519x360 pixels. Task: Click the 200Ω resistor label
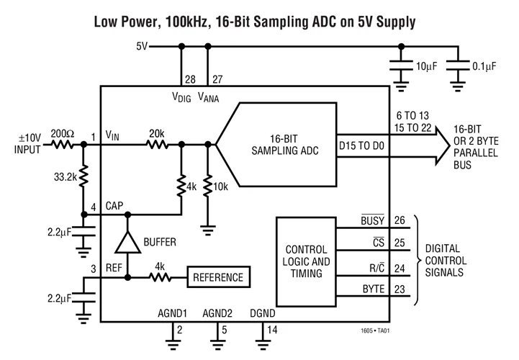pos(62,133)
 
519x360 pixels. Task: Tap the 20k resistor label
pos(156,133)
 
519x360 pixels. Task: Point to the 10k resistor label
pos(222,186)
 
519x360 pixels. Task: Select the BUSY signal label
pos(375,221)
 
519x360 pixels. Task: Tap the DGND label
pos(263,314)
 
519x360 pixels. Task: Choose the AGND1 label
pos(173,314)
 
